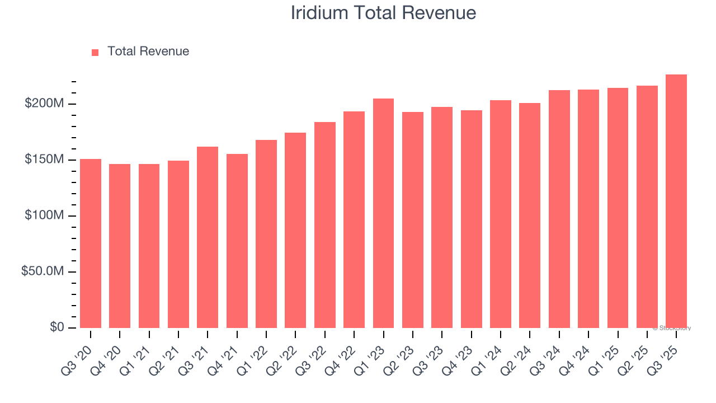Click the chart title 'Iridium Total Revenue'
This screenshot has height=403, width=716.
pos(383,13)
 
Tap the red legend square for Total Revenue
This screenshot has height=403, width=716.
pos(95,52)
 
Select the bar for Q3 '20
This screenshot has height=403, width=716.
pos(91,243)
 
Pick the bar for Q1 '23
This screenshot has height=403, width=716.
pos(383,213)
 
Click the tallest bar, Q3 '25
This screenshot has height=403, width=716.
pos(676,201)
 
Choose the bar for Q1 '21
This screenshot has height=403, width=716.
pos(149,246)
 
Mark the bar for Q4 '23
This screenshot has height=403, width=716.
pos(471,219)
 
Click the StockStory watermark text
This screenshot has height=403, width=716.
pos(672,328)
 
